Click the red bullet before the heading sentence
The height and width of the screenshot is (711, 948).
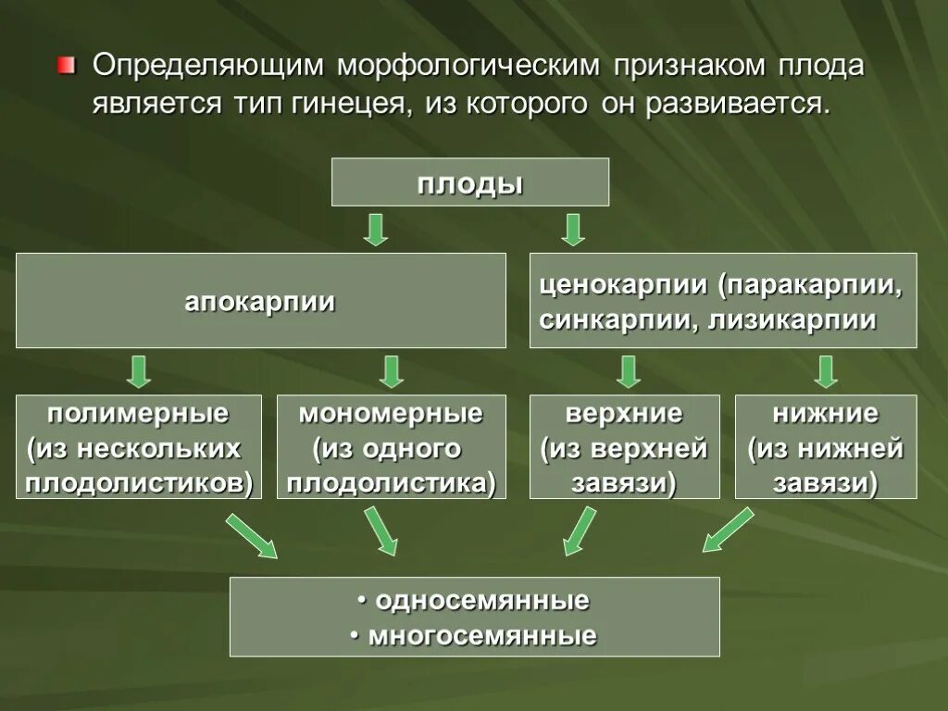coord(64,66)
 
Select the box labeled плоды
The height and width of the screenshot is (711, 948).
coord(470,182)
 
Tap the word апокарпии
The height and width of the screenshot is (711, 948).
coord(260,302)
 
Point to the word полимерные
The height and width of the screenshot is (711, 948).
coord(138,413)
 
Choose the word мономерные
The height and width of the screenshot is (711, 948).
coord(391,413)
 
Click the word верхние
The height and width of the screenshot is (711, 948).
coord(624,413)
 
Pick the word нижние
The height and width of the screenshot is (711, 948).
coord(827,413)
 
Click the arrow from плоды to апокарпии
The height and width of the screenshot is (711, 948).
coord(375,229)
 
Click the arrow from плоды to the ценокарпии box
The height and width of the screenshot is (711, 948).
coord(573,229)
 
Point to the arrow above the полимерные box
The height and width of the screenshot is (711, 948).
coord(139,370)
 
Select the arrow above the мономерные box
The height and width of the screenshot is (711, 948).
coord(392,370)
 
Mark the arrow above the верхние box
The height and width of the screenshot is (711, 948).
coord(629,370)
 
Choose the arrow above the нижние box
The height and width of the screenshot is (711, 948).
coord(827,370)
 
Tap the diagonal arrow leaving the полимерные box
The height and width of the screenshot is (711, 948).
coord(251,536)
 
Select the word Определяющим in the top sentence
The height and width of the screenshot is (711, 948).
coord(206,67)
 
